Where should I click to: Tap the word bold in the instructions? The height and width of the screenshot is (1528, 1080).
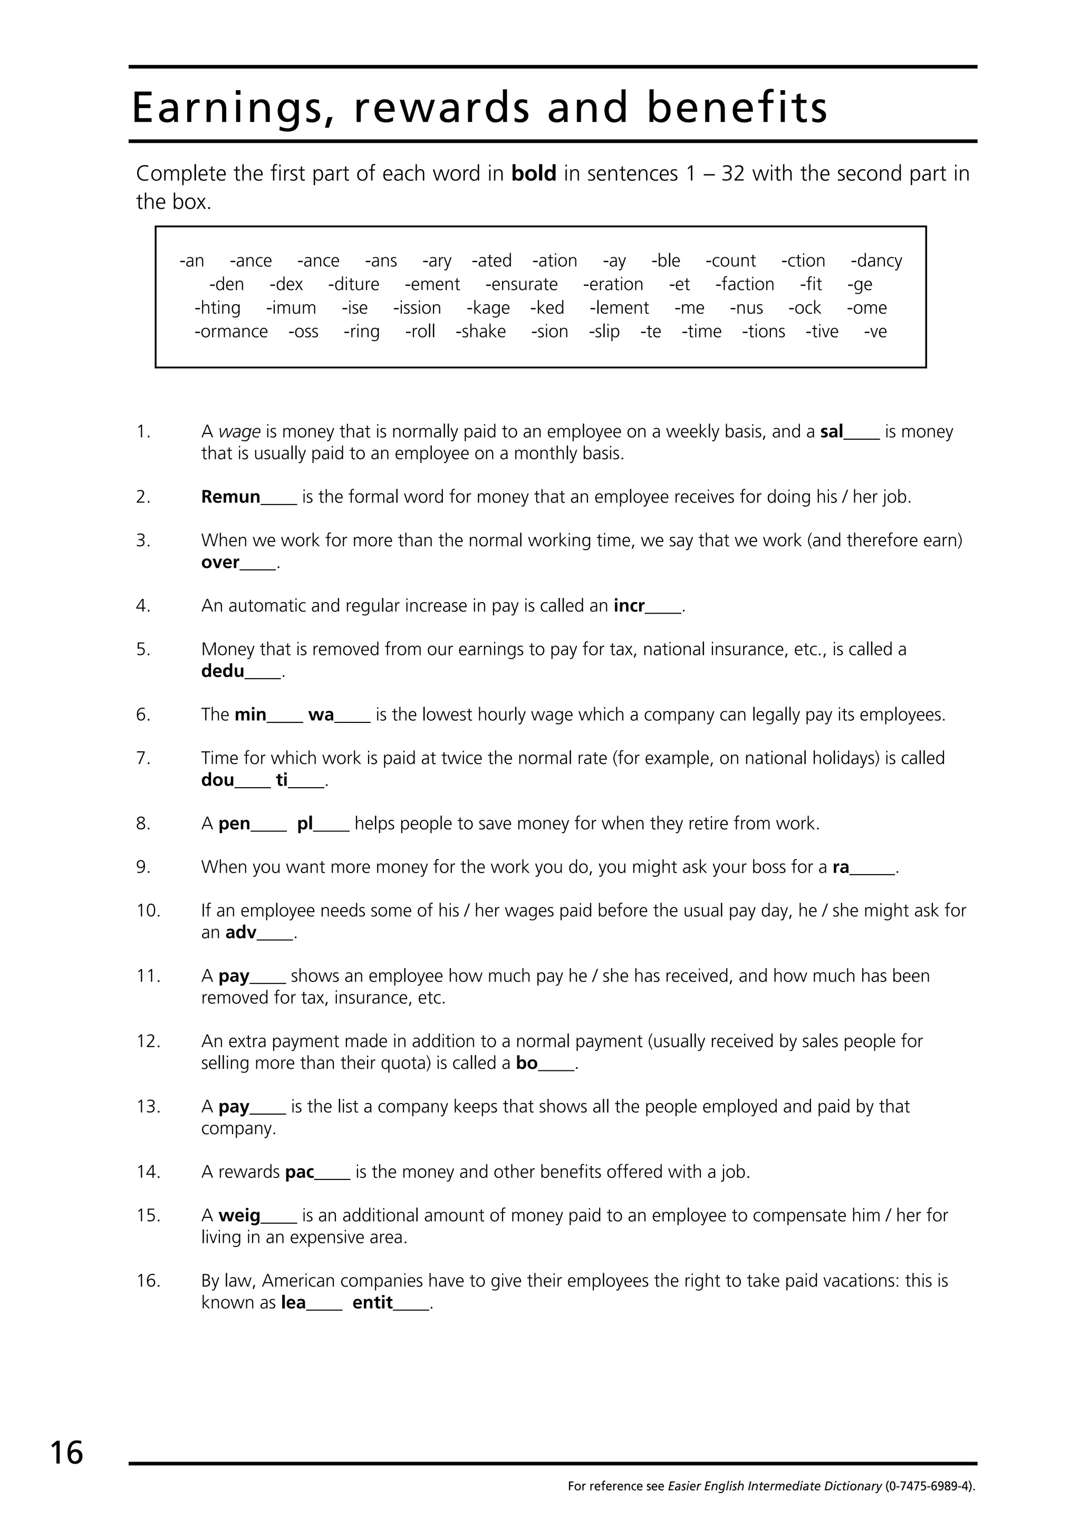click(533, 173)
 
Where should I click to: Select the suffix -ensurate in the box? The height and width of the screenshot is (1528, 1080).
click(521, 285)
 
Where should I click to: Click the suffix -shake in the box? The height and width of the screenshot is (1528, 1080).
click(480, 332)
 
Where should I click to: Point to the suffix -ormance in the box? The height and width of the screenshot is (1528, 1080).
click(231, 332)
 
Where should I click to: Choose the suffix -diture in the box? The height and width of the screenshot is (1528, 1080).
click(353, 285)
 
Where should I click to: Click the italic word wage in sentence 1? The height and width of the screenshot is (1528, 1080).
click(239, 432)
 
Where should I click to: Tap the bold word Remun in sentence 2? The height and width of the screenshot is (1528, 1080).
click(230, 497)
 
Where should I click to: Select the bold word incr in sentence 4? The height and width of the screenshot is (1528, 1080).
click(629, 606)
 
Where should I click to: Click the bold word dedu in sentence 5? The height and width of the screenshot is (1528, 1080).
click(222, 672)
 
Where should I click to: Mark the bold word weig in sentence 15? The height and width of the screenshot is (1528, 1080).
click(239, 1216)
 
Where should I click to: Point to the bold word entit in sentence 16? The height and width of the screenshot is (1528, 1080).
click(373, 1303)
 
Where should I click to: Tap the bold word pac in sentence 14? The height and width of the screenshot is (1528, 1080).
click(300, 1173)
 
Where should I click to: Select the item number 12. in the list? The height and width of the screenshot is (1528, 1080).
click(148, 1041)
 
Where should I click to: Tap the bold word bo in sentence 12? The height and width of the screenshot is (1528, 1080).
click(526, 1063)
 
